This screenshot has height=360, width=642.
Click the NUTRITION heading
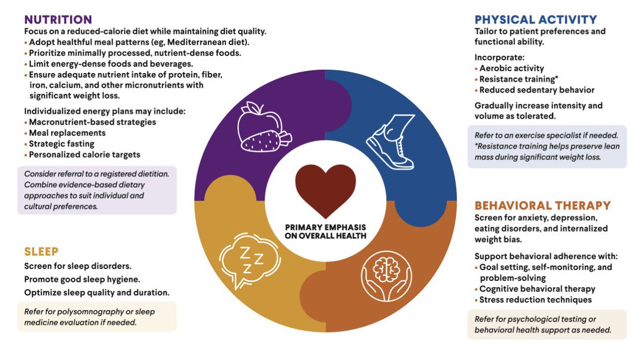58,20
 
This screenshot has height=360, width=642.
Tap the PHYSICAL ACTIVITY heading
536,20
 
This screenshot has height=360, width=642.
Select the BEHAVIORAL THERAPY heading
542,205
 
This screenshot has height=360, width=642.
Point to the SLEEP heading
41,251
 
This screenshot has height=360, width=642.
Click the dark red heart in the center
325,187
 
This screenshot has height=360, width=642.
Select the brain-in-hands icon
386,273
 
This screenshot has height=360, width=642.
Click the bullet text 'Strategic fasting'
62,143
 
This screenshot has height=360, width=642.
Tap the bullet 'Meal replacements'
67,133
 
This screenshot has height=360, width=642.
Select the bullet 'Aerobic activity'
511,68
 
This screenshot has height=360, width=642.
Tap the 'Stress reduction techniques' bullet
536,300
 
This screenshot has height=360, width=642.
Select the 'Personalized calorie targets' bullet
85,155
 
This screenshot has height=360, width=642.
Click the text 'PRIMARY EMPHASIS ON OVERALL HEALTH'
325,231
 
